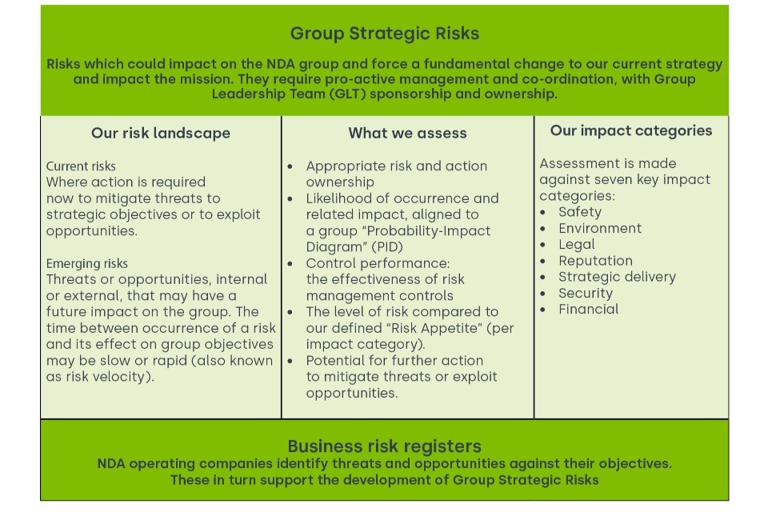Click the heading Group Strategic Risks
[385, 34]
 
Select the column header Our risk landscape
[161, 133]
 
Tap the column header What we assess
[407, 133]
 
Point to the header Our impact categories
[631, 131]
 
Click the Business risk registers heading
[385, 446]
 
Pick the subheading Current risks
[81, 166]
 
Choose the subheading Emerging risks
[86, 263]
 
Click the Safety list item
[580, 212]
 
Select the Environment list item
[600, 228]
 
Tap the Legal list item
[577, 245]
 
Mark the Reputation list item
[595, 261]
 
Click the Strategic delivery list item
[617, 277]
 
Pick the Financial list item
[588, 309]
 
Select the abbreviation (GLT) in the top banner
[347, 94]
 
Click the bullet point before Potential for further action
[290, 361]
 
